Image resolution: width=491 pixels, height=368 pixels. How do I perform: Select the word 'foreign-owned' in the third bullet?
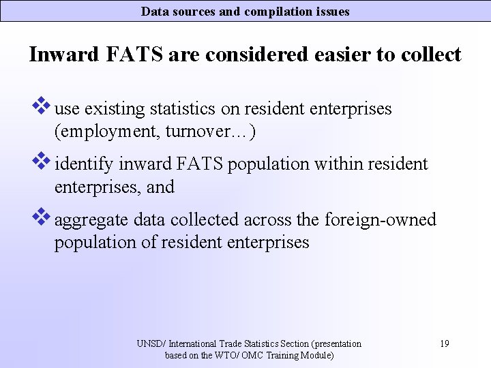381,220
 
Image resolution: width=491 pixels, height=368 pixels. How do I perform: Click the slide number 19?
444,343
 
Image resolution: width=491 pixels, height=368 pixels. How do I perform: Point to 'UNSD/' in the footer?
151,343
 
